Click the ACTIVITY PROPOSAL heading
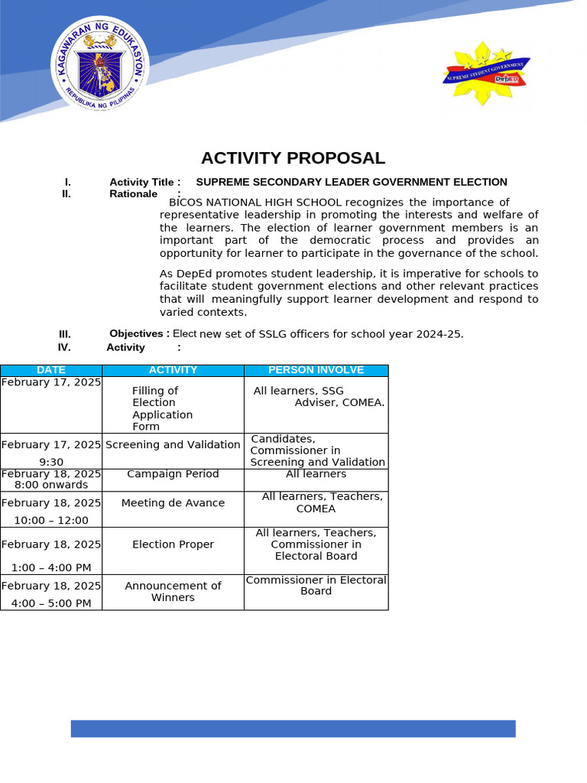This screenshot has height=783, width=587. coord(293,158)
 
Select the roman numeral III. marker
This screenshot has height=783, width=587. coord(65,334)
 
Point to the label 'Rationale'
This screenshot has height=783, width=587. coord(133,194)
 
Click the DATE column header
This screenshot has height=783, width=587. coord(51,370)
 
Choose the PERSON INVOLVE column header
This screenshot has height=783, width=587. coord(316,370)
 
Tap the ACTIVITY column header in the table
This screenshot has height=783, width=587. coord(173,370)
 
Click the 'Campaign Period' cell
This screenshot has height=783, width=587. coord(173,474)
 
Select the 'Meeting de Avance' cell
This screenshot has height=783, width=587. coord(173,503)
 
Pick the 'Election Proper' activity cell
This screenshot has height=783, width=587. coord(173,544)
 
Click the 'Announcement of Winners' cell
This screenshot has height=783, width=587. coord(173,591)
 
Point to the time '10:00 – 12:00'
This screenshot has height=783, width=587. coord(51,521)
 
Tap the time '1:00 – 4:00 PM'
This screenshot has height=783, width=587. coord(51,567)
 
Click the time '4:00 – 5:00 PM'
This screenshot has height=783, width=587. coord(51,603)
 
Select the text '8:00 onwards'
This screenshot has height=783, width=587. coord(51,485)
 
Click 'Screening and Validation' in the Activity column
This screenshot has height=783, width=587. coord(173,445)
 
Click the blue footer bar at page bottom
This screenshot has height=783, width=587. coord(293,728)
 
